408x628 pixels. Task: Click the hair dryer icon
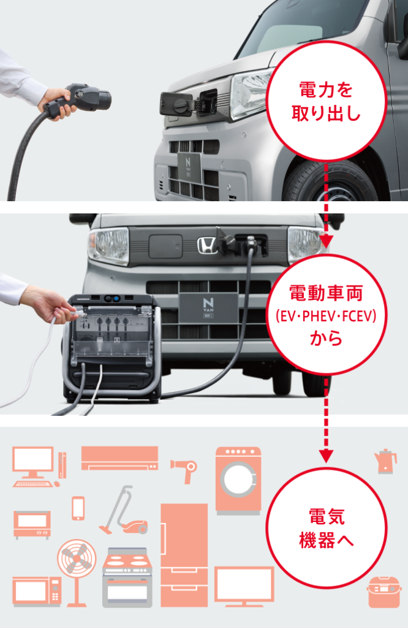pos(184,469)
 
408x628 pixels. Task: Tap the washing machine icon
pos(238,481)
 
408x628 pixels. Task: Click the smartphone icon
pos(78,508)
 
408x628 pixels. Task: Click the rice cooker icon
pos(383,592)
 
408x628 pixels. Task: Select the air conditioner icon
pos(119,458)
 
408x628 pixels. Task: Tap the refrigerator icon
pos(184,555)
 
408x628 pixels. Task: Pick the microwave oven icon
pos(36,591)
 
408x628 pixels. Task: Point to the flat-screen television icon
pos(244,586)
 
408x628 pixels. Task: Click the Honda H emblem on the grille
pos(207,245)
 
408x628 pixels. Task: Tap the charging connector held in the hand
pos(80,101)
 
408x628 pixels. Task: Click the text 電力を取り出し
pos(326,102)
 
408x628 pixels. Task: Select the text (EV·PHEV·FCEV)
pos(326,316)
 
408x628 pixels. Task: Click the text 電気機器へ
pos(327,528)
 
